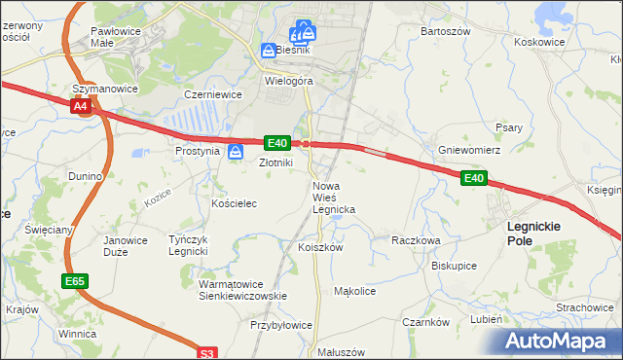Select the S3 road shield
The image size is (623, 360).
coord(206,354)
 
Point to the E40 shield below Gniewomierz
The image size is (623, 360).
coord(473,178)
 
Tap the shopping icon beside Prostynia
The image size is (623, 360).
coord(236,152)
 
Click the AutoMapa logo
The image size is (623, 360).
coord(560,341)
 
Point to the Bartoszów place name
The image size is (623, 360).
coord(445,31)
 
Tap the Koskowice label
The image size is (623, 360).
coord(539,42)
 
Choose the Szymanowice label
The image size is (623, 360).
coord(106,89)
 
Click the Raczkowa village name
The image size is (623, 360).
coord(416,239)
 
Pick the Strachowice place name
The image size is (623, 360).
coord(584,306)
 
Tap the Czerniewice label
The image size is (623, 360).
coord(212,95)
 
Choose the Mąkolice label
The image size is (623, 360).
coord(354,290)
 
